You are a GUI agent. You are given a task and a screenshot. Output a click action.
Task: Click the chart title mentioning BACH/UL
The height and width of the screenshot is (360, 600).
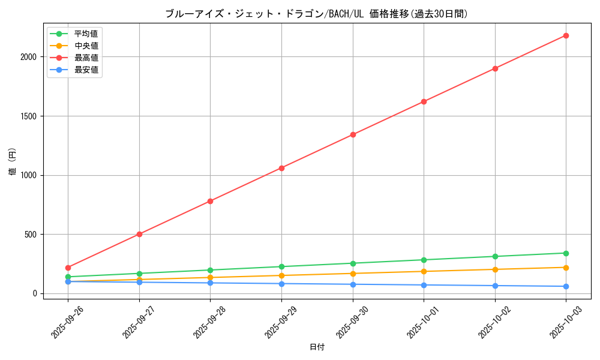point(316,14)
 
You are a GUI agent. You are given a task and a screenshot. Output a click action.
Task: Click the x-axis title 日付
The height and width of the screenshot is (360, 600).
point(317,347)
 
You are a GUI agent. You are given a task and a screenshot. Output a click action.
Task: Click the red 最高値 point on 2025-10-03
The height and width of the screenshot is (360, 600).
point(566,35)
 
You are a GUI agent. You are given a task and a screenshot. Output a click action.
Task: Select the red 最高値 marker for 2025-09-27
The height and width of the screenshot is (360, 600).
point(139,234)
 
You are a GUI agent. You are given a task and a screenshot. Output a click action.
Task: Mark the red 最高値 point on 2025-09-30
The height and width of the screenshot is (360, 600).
point(353,134)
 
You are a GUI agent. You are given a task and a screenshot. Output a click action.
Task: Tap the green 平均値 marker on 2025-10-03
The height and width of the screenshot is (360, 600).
point(566,253)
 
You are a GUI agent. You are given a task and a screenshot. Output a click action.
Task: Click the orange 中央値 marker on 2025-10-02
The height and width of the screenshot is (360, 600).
point(495,269)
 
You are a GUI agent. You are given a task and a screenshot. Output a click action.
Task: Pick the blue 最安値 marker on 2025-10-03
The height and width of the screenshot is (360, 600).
point(566,286)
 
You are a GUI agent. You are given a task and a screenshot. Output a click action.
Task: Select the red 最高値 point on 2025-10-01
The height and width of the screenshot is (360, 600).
point(424,101)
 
